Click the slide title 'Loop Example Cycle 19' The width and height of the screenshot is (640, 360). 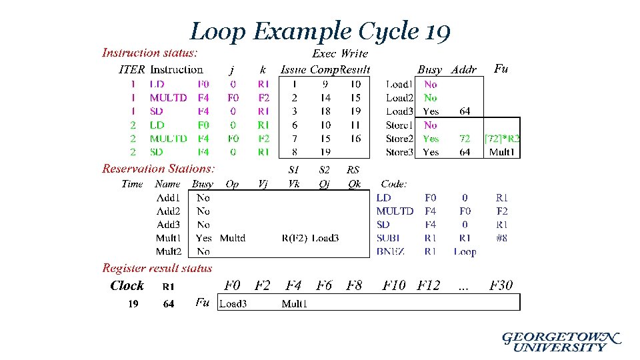point(321,31)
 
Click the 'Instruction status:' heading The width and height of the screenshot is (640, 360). point(149,53)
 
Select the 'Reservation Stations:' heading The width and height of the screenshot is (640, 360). point(159,169)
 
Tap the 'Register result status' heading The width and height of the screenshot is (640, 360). point(157,269)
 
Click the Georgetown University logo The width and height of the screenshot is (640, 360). point(561,341)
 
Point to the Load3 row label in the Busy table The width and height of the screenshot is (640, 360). point(399,111)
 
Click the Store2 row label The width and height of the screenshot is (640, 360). point(399,139)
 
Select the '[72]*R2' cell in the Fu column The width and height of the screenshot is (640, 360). point(502,139)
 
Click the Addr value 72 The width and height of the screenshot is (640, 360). point(465,139)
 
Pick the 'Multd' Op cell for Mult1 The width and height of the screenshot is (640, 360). point(232,238)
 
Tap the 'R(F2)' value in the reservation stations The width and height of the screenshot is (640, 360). point(294,238)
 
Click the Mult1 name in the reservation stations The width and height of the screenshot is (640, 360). point(168,238)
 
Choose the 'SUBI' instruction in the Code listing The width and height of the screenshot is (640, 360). point(388,238)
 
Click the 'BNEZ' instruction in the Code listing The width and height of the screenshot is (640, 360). point(390,251)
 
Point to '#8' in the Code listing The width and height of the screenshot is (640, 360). point(501,238)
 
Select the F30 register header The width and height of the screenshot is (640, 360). point(501,285)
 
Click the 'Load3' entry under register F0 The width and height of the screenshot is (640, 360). point(233,304)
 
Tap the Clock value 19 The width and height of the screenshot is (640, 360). point(133,304)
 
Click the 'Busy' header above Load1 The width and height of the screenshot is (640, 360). point(429,69)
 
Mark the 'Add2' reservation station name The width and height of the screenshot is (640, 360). point(168,211)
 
